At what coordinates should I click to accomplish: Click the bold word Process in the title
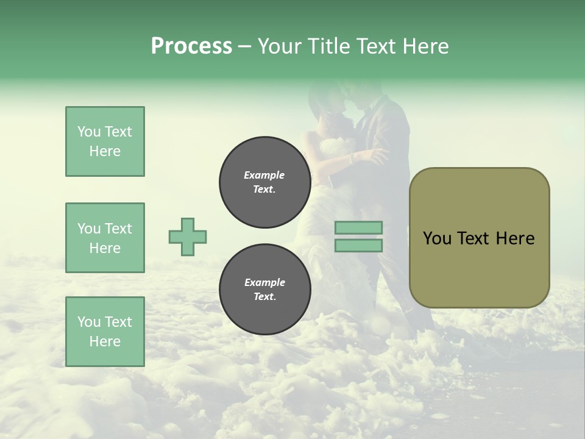[191, 46]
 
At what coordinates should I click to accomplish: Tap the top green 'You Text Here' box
[105, 141]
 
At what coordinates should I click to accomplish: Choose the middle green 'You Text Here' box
[105, 238]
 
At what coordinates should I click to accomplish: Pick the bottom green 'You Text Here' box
[105, 331]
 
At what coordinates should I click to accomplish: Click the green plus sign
[188, 237]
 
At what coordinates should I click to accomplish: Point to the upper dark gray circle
[264, 182]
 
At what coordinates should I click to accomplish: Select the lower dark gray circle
[264, 290]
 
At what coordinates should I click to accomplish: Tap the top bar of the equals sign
[359, 228]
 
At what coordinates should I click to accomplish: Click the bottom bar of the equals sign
[359, 245]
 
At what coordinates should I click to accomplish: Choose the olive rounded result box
[479, 237]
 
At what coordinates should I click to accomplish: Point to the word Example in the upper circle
[264, 175]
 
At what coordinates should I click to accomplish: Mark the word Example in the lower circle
[264, 282]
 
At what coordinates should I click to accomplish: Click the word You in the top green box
[89, 132]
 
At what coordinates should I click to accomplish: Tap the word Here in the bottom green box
[105, 341]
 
